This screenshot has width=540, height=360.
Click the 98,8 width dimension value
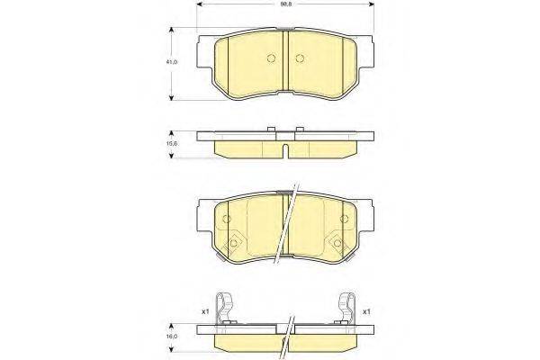284,4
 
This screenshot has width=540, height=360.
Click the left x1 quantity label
205,311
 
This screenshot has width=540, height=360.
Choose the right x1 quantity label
366,311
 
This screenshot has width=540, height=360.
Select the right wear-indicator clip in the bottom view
346,308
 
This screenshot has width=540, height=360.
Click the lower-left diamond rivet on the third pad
234,240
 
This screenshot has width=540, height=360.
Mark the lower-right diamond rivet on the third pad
337,240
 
